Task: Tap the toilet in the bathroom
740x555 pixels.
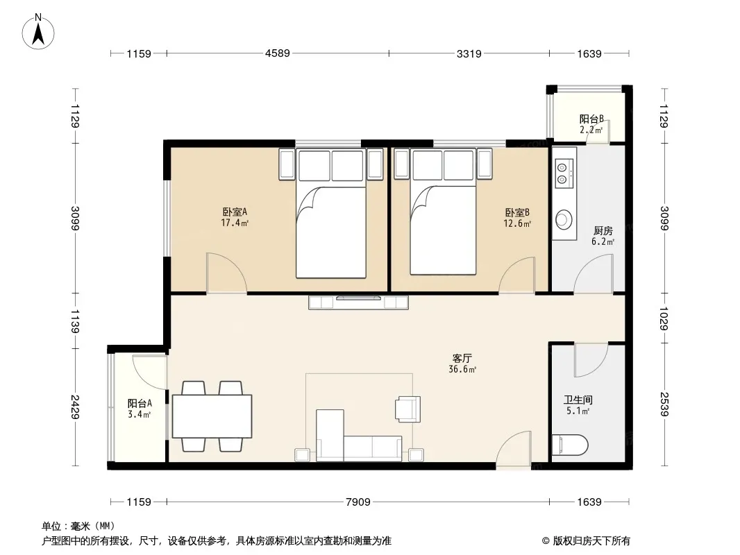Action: [570, 444]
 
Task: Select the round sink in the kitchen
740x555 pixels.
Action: [564, 219]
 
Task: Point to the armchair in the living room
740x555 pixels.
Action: [407, 409]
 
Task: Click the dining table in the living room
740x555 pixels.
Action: [212, 416]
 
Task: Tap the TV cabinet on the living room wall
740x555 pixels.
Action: [358, 302]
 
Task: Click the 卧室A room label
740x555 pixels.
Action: [235, 212]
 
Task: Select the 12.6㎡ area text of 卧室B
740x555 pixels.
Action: [517, 223]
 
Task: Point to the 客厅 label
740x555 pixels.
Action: [462, 359]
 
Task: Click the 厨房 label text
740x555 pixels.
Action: [603, 230]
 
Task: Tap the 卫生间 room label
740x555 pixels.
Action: [578, 400]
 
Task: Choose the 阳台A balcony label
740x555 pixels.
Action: [140, 404]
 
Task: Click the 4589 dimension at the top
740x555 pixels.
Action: [278, 53]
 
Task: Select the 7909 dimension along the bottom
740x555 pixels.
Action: [358, 502]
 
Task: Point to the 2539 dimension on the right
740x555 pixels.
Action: [664, 404]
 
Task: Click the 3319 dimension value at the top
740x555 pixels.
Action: [469, 53]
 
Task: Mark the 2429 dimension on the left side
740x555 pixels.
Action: [75, 407]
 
